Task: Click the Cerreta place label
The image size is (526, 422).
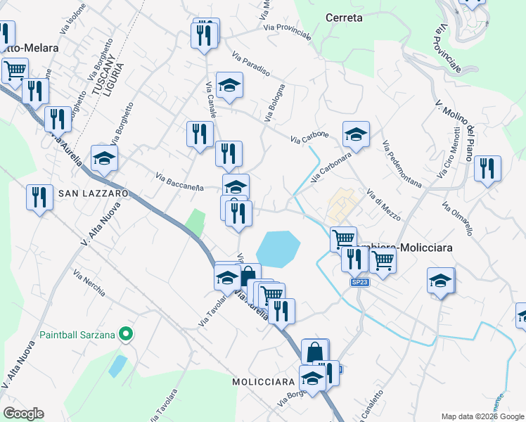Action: (x=344, y=18)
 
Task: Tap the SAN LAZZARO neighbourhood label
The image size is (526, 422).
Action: (x=94, y=193)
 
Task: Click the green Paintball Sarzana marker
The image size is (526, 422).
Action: (x=126, y=334)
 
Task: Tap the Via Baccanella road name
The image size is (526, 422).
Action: (x=179, y=182)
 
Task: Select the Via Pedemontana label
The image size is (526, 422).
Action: (x=402, y=165)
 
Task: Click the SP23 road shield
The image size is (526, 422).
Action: (x=359, y=282)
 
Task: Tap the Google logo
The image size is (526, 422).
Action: (x=23, y=414)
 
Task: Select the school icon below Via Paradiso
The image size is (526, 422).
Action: (x=229, y=85)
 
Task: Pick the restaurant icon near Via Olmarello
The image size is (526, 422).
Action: (x=487, y=169)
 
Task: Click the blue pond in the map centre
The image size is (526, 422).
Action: (x=278, y=249)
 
